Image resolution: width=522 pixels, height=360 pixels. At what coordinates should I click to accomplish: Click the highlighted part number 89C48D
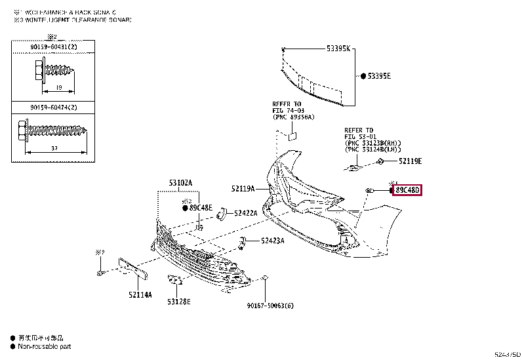coord(407,190)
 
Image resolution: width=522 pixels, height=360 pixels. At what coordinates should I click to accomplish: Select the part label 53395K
coord(339,49)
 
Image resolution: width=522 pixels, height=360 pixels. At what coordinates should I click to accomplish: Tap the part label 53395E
coord(379,76)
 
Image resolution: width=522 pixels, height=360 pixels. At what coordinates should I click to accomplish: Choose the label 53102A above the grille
coord(181,184)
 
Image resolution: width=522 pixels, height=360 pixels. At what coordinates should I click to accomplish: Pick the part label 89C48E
coord(201,208)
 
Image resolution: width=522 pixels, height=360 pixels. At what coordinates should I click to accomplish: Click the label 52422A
coord(245,212)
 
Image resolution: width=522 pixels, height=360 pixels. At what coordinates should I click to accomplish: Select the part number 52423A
coord(272,241)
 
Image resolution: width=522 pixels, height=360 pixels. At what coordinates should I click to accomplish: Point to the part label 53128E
coord(178,301)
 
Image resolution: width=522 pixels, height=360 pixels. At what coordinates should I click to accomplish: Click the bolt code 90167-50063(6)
coord(270,305)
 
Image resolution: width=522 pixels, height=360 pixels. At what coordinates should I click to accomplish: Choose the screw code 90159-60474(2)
coord(52,107)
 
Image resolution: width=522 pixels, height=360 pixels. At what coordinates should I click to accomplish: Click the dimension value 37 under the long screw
coord(54,149)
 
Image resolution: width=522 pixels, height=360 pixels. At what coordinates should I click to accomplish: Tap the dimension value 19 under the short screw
coord(59,87)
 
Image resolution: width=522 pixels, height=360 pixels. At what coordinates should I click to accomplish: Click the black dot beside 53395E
coord(363,76)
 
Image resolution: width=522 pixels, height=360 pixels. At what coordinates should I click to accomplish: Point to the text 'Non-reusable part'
coord(44,346)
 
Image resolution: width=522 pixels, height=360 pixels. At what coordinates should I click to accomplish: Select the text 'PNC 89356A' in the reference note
coord(295,117)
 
